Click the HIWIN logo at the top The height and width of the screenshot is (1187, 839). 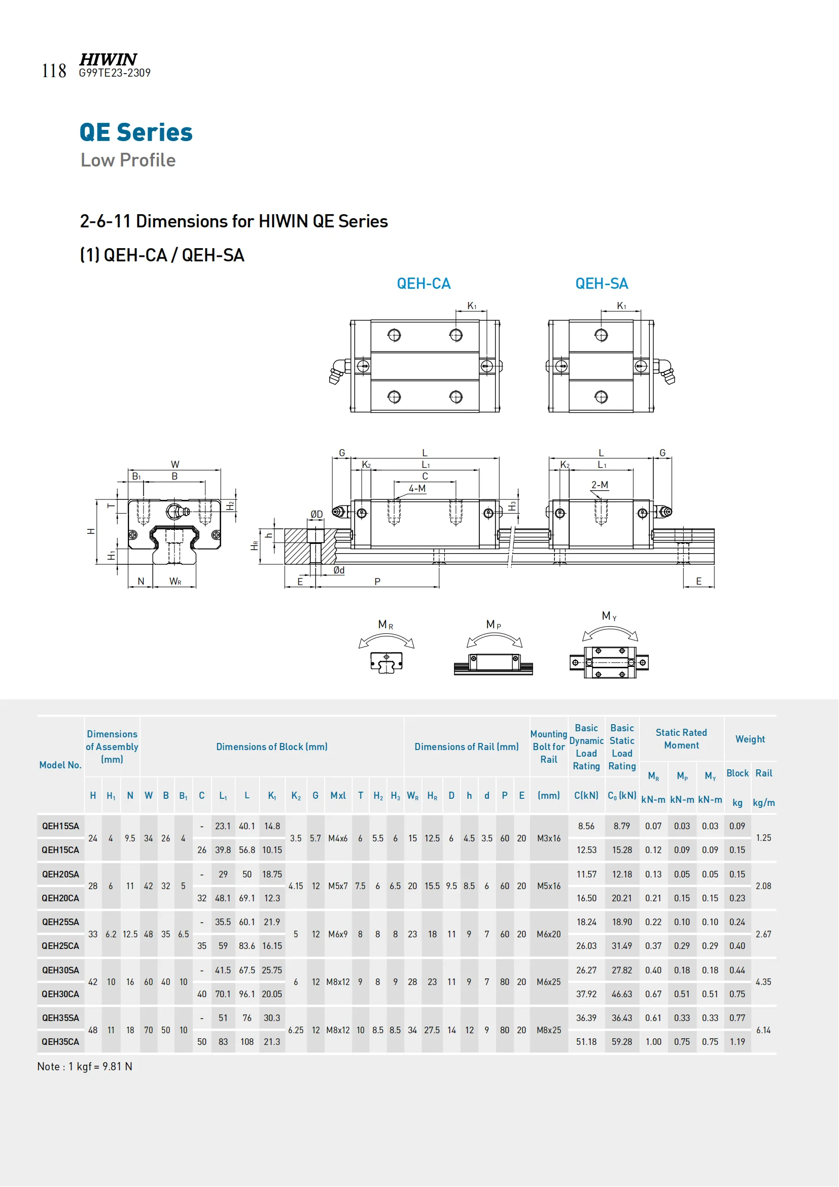tap(108, 59)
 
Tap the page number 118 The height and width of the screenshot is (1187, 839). tap(54, 71)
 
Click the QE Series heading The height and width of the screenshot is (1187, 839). tap(136, 132)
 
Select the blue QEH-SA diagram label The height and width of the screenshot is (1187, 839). tap(602, 283)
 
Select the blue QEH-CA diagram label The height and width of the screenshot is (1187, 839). tap(424, 283)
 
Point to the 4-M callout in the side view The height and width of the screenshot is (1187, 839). tap(417, 488)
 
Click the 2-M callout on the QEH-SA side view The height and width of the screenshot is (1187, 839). tap(599, 485)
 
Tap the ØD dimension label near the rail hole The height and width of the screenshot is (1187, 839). tap(316, 514)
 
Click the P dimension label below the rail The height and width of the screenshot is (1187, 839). tap(377, 582)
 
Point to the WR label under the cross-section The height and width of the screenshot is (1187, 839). tap(175, 582)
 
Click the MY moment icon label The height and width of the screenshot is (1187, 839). tap(609, 616)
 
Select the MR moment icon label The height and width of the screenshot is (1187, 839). tap(386, 625)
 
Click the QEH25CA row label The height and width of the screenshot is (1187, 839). tap(60, 945)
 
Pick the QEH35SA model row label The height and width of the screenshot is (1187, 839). tap(60, 1018)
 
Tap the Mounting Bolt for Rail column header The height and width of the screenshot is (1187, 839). tap(549, 747)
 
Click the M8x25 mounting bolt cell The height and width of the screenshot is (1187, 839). tap(549, 1030)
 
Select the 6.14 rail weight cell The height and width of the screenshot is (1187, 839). tap(763, 1030)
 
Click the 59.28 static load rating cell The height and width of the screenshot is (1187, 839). tap(621, 1042)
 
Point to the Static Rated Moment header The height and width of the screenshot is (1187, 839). tap(681, 739)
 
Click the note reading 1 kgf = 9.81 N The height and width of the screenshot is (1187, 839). tap(85, 1067)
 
